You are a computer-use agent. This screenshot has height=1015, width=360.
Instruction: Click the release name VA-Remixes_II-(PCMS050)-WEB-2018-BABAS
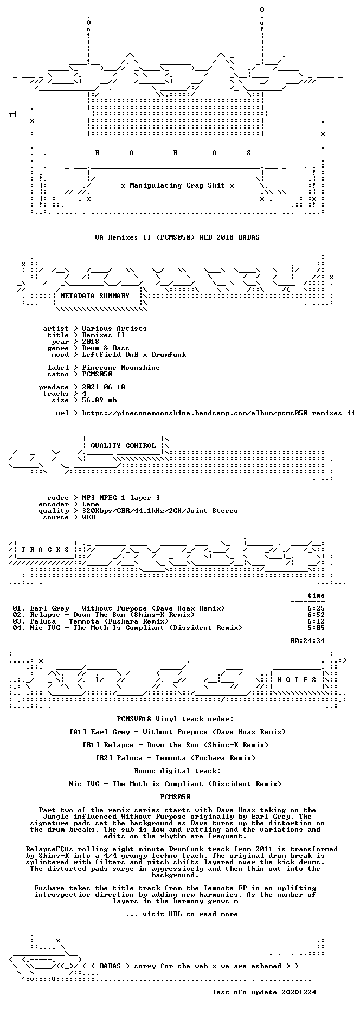point(169,237)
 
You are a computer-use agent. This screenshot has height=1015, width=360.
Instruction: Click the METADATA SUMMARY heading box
point(95,296)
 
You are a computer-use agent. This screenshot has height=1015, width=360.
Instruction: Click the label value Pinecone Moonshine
point(121,368)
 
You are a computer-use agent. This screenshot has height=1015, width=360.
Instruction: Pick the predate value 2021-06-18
point(104,387)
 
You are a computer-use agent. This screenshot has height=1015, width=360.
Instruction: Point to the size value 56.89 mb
point(99,400)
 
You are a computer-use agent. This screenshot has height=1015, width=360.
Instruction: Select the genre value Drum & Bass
point(106,348)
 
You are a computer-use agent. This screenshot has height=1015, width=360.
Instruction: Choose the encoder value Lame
point(91,504)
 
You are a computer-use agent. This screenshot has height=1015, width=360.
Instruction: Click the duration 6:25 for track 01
point(316,608)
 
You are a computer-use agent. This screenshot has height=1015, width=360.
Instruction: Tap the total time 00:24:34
point(307,641)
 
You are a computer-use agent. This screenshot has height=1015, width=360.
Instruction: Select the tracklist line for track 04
point(127,628)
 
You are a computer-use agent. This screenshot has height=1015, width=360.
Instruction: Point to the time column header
point(316,595)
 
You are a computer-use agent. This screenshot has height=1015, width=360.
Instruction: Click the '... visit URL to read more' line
point(182,914)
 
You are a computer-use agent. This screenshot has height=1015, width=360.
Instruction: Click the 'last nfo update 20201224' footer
point(264,992)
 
